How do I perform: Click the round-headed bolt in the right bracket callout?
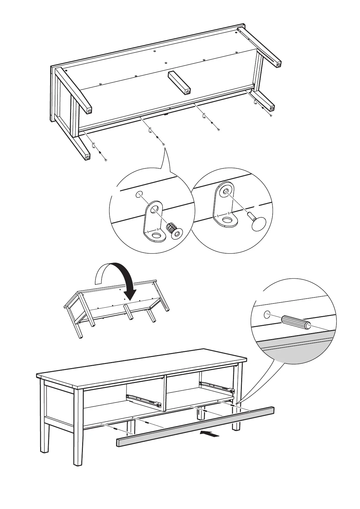pos(258,222)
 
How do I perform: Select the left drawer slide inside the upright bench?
pos(143,400)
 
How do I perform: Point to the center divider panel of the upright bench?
pos(165,393)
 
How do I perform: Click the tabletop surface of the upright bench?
pos(142,367)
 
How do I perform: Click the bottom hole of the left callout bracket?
pos(156,235)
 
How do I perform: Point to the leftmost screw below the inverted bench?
pos(106,160)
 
